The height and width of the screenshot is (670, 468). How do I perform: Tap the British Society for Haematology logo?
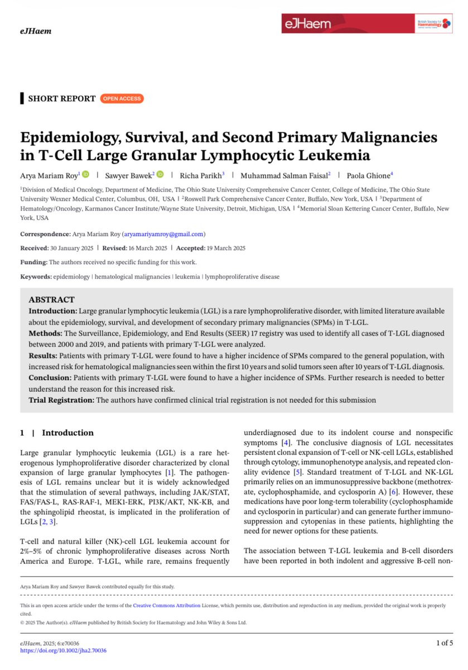click(433, 24)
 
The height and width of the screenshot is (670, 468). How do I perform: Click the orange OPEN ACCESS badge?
click(122, 99)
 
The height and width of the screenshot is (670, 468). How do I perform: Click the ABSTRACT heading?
click(51, 300)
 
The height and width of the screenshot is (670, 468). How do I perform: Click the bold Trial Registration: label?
click(61, 400)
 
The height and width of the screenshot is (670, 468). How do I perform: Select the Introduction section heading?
click(67, 433)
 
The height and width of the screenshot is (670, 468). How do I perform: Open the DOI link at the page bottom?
click(63, 650)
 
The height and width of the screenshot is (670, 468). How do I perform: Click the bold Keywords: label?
click(36, 276)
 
